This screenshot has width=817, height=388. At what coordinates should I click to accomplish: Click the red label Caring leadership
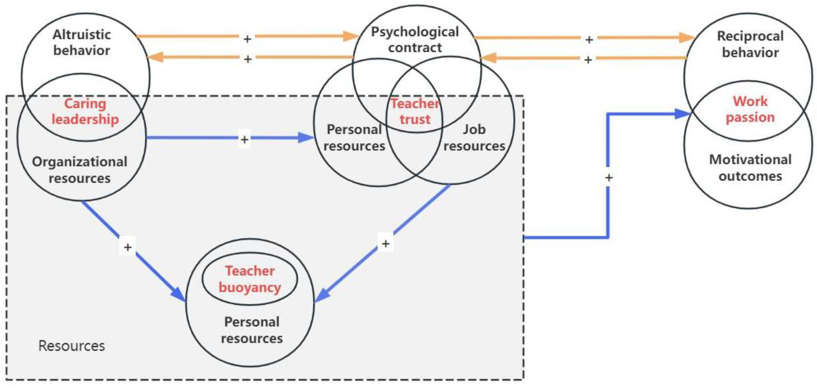[85, 112]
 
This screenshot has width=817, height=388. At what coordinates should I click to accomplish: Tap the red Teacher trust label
[415, 112]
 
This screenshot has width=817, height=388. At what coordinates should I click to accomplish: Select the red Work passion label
[750, 109]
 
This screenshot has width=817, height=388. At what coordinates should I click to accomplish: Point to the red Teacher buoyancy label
[250, 279]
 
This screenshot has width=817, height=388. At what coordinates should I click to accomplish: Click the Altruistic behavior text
[82, 43]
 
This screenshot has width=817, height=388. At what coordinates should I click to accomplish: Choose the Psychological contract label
[415, 40]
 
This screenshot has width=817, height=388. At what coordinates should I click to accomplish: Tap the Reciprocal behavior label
[750, 45]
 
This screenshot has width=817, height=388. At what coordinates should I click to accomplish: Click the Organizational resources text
[80, 170]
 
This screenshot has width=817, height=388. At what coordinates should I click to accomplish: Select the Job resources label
[474, 138]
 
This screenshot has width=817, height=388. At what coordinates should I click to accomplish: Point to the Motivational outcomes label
[750, 168]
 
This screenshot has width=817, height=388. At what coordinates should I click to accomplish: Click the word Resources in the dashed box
[72, 346]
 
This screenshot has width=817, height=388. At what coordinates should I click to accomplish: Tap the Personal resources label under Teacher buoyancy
[252, 330]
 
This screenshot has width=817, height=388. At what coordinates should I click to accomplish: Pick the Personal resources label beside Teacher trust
[354, 138]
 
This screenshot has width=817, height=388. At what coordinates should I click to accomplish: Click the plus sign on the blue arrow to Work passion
[609, 178]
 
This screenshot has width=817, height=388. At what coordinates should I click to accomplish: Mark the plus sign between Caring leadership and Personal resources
[244, 139]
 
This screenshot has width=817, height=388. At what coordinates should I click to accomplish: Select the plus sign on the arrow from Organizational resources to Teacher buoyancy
[128, 247]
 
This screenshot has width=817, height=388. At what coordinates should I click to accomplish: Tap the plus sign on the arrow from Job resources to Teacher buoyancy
[385, 243]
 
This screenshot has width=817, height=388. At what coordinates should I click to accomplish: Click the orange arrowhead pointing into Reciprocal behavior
[687, 38]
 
